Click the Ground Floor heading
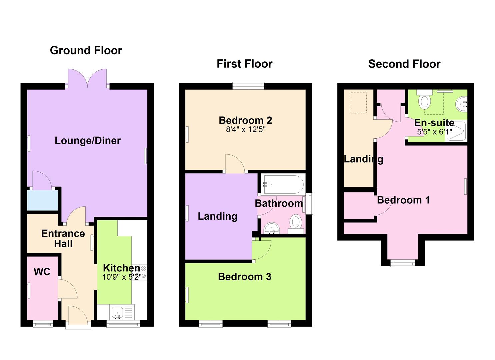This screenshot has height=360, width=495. coord(86,51)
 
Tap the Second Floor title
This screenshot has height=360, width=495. coord(404,64)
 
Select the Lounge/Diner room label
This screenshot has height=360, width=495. coord(88,141)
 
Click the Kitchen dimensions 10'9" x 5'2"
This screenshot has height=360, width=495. coord(122,277)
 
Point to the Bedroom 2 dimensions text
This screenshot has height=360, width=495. coord(246,129)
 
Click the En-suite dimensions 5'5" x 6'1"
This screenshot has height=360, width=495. coord(434,132)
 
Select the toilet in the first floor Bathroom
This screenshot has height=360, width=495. coord(296,224)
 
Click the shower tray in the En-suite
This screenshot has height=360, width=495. coord(456,131)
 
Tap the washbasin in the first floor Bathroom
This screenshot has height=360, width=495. coord(272,228)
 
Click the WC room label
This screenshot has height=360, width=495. coord(42,272)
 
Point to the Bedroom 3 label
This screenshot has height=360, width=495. coord(245,276)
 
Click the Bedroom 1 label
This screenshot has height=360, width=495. coord(404,200)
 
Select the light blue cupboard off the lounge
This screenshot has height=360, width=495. coord(42,200)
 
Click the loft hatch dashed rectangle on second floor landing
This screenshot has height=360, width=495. coord(358,103)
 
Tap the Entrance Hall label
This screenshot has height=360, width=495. coord(63,239)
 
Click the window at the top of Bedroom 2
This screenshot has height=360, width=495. coord(248,86)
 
